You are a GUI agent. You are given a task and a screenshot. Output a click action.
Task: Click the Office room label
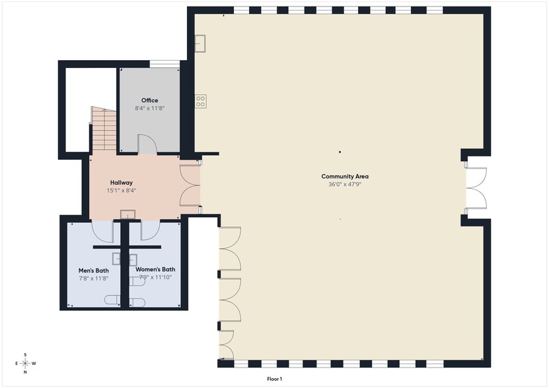[149, 100]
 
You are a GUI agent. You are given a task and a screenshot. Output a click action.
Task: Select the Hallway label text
[122, 183]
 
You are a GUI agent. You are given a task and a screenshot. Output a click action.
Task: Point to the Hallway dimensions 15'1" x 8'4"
[122, 190]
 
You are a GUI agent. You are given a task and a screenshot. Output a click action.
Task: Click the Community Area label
[345, 176]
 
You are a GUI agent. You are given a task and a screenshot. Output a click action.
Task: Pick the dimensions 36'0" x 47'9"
[345, 184]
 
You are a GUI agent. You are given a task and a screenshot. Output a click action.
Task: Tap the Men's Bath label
[93, 270]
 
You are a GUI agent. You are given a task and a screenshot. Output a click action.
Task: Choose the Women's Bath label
[155, 269]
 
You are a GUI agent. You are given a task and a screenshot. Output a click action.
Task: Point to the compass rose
[25, 363]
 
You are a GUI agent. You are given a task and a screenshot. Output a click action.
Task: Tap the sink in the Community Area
[201, 42]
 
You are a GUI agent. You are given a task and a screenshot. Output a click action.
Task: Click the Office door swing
[147, 145]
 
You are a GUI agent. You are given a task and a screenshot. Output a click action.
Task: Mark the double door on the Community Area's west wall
[476, 188]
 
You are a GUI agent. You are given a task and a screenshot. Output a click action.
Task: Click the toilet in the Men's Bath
[112, 301]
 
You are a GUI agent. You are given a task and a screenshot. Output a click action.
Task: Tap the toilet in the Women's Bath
[137, 302]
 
